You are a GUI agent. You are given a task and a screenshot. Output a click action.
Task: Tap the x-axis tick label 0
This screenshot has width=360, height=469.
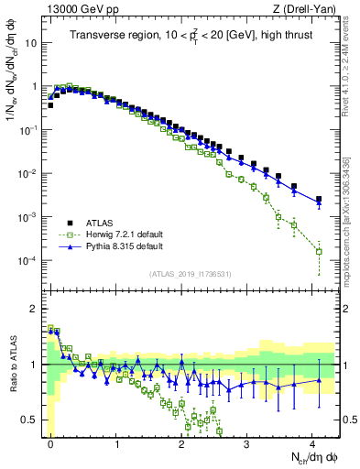point(50,443)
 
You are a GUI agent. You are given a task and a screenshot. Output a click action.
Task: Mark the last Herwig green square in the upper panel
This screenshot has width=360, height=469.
point(319,251)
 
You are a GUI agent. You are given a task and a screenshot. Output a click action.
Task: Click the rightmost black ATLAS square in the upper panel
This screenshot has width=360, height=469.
point(319,199)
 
